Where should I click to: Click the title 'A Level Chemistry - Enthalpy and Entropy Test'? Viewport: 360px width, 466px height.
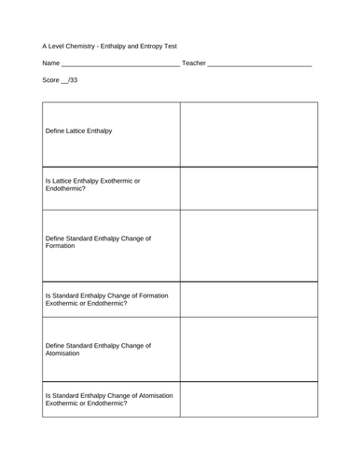pyautogui.click(x=109, y=44)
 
